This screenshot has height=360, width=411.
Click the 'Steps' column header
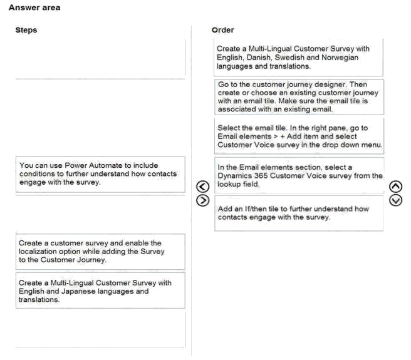click(26, 30)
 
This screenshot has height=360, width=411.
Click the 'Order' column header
click(223, 29)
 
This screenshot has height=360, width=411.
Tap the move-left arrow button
click(201, 186)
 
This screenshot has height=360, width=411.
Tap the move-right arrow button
click(201, 200)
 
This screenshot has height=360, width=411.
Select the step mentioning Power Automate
click(100, 174)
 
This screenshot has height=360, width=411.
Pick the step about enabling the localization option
click(100, 251)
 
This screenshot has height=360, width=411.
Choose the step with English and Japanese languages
click(100, 291)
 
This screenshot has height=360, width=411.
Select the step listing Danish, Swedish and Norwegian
click(298, 57)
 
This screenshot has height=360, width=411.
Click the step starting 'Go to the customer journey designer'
click(298, 96)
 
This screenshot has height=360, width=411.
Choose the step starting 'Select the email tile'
click(298, 136)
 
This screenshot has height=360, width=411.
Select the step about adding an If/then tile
click(298, 213)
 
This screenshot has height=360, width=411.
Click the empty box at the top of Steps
click(100, 58)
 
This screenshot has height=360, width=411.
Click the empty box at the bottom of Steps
click(100, 329)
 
